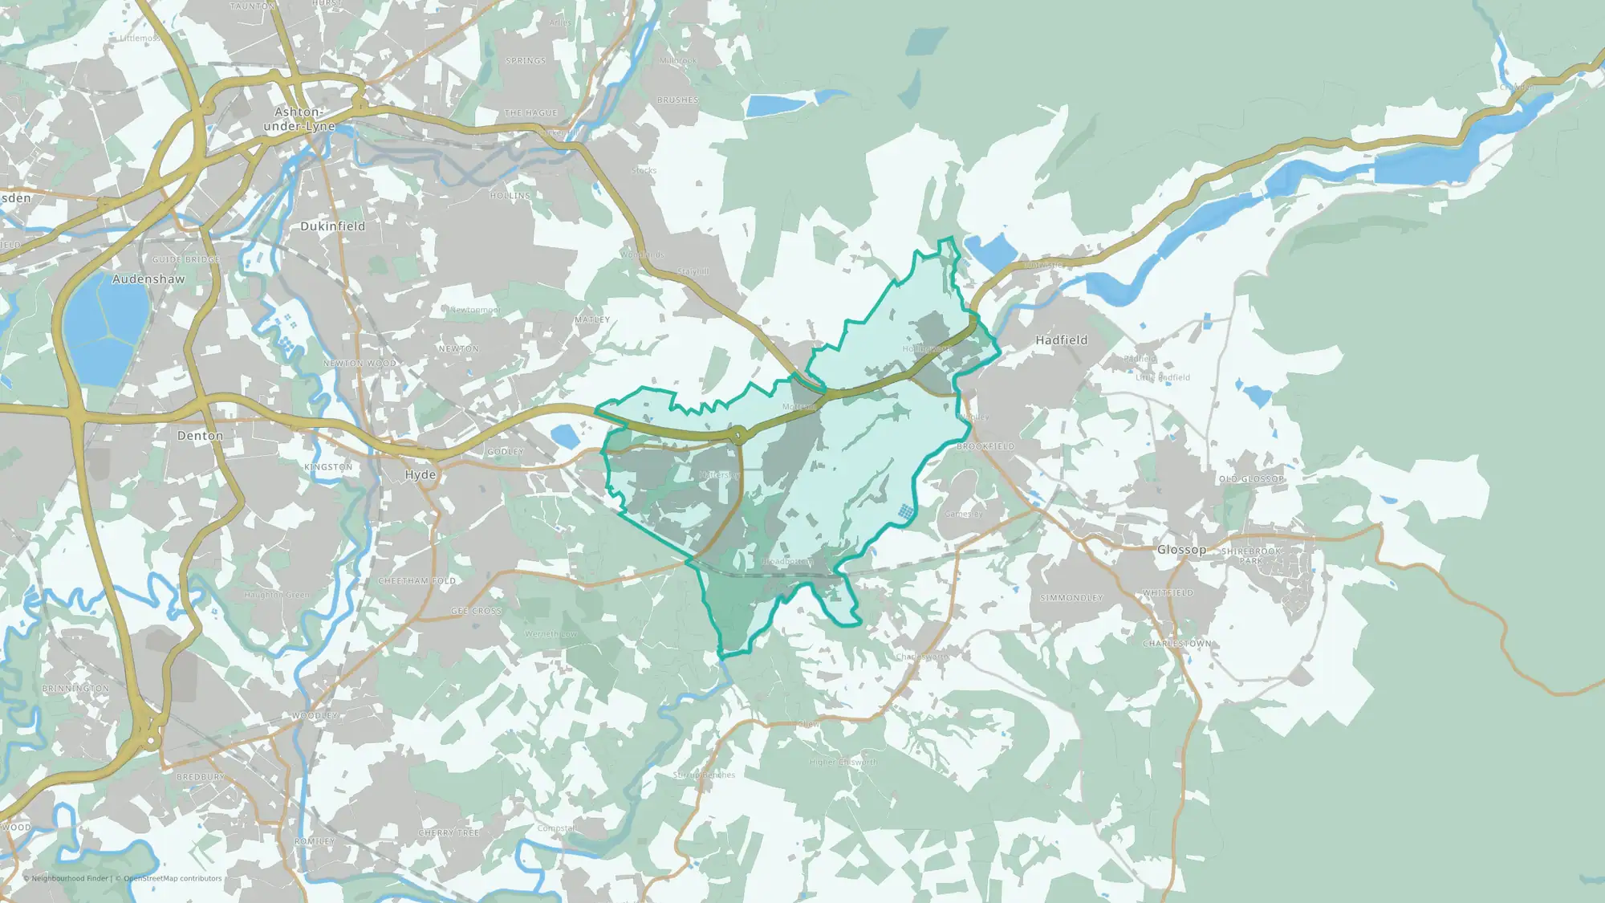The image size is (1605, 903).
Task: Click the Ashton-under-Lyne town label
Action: (x=299, y=119)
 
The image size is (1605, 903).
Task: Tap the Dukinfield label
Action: (x=332, y=226)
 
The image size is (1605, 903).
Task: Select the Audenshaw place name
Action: (x=148, y=279)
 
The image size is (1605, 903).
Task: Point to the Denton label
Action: (x=200, y=436)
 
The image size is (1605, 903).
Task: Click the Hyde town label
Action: (x=420, y=474)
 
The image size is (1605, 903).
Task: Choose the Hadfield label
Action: (x=1061, y=340)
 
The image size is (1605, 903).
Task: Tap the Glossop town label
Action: (x=1181, y=550)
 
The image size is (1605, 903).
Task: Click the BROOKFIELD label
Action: (x=985, y=446)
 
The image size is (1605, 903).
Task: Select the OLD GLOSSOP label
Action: (x=1252, y=479)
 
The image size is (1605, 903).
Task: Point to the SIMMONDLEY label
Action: (x=1071, y=598)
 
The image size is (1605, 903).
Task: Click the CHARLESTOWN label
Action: (x=1177, y=644)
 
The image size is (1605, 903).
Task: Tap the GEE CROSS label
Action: (x=476, y=611)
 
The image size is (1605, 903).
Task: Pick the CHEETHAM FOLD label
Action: (x=416, y=580)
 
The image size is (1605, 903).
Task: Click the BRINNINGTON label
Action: (x=75, y=689)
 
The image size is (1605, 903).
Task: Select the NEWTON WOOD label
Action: (x=360, y=364)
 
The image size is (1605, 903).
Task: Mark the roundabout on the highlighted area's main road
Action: (x=739, y=436)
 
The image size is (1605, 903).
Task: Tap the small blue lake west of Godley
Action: (x=565, y=436)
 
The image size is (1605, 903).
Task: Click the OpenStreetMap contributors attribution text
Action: (x=173, y=878)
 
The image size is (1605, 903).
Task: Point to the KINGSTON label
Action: (x=328, y=467)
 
